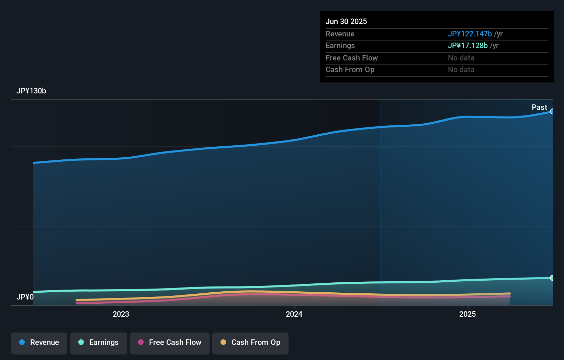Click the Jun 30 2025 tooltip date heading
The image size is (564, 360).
point(346,21)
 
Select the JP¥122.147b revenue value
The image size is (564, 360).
point(470,34)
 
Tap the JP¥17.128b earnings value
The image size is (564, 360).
point(467,45)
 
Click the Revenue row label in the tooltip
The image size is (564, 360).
point(340,34)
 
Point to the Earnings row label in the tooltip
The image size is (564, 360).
point(340,45)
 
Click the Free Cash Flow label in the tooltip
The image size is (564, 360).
point(351,58)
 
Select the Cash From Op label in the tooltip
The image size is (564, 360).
point(350,69)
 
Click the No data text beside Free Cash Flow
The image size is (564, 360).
point(461,58)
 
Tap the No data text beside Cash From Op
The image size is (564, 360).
point(461,69)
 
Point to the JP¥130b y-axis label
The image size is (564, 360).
point(31,91)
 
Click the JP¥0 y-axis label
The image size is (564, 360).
point(25,297)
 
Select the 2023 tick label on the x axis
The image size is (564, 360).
point(121,314)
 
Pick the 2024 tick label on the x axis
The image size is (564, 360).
point(294,314)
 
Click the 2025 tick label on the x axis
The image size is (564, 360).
point(467,314)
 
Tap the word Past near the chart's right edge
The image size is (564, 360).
point(539,107)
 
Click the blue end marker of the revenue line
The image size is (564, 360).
point(552,111)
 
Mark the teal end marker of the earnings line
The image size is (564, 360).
point(552,278)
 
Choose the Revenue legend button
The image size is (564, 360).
point(39,343)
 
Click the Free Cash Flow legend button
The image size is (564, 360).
point(169,343)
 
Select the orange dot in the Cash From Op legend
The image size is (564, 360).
point(223,342)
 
